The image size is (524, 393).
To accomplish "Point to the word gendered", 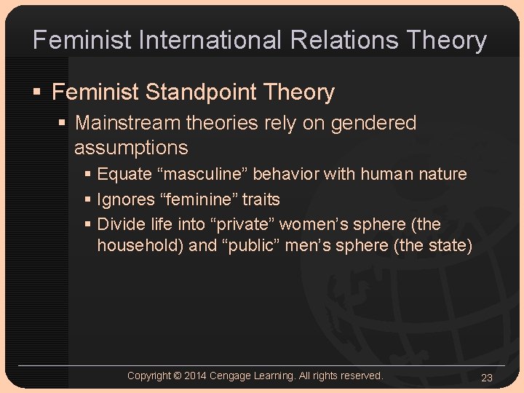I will [x=373, y=123].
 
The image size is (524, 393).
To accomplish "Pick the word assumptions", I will [x=131, y=148].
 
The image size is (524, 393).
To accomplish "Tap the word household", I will [x=140, y=246].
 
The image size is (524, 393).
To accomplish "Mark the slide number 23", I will [x=488, y=377].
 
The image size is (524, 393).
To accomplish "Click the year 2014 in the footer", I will [x=196, y=376].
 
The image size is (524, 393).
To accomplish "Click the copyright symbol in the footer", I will [x=177, y=376].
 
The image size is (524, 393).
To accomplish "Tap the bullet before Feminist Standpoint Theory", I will [x=37, y=93].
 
